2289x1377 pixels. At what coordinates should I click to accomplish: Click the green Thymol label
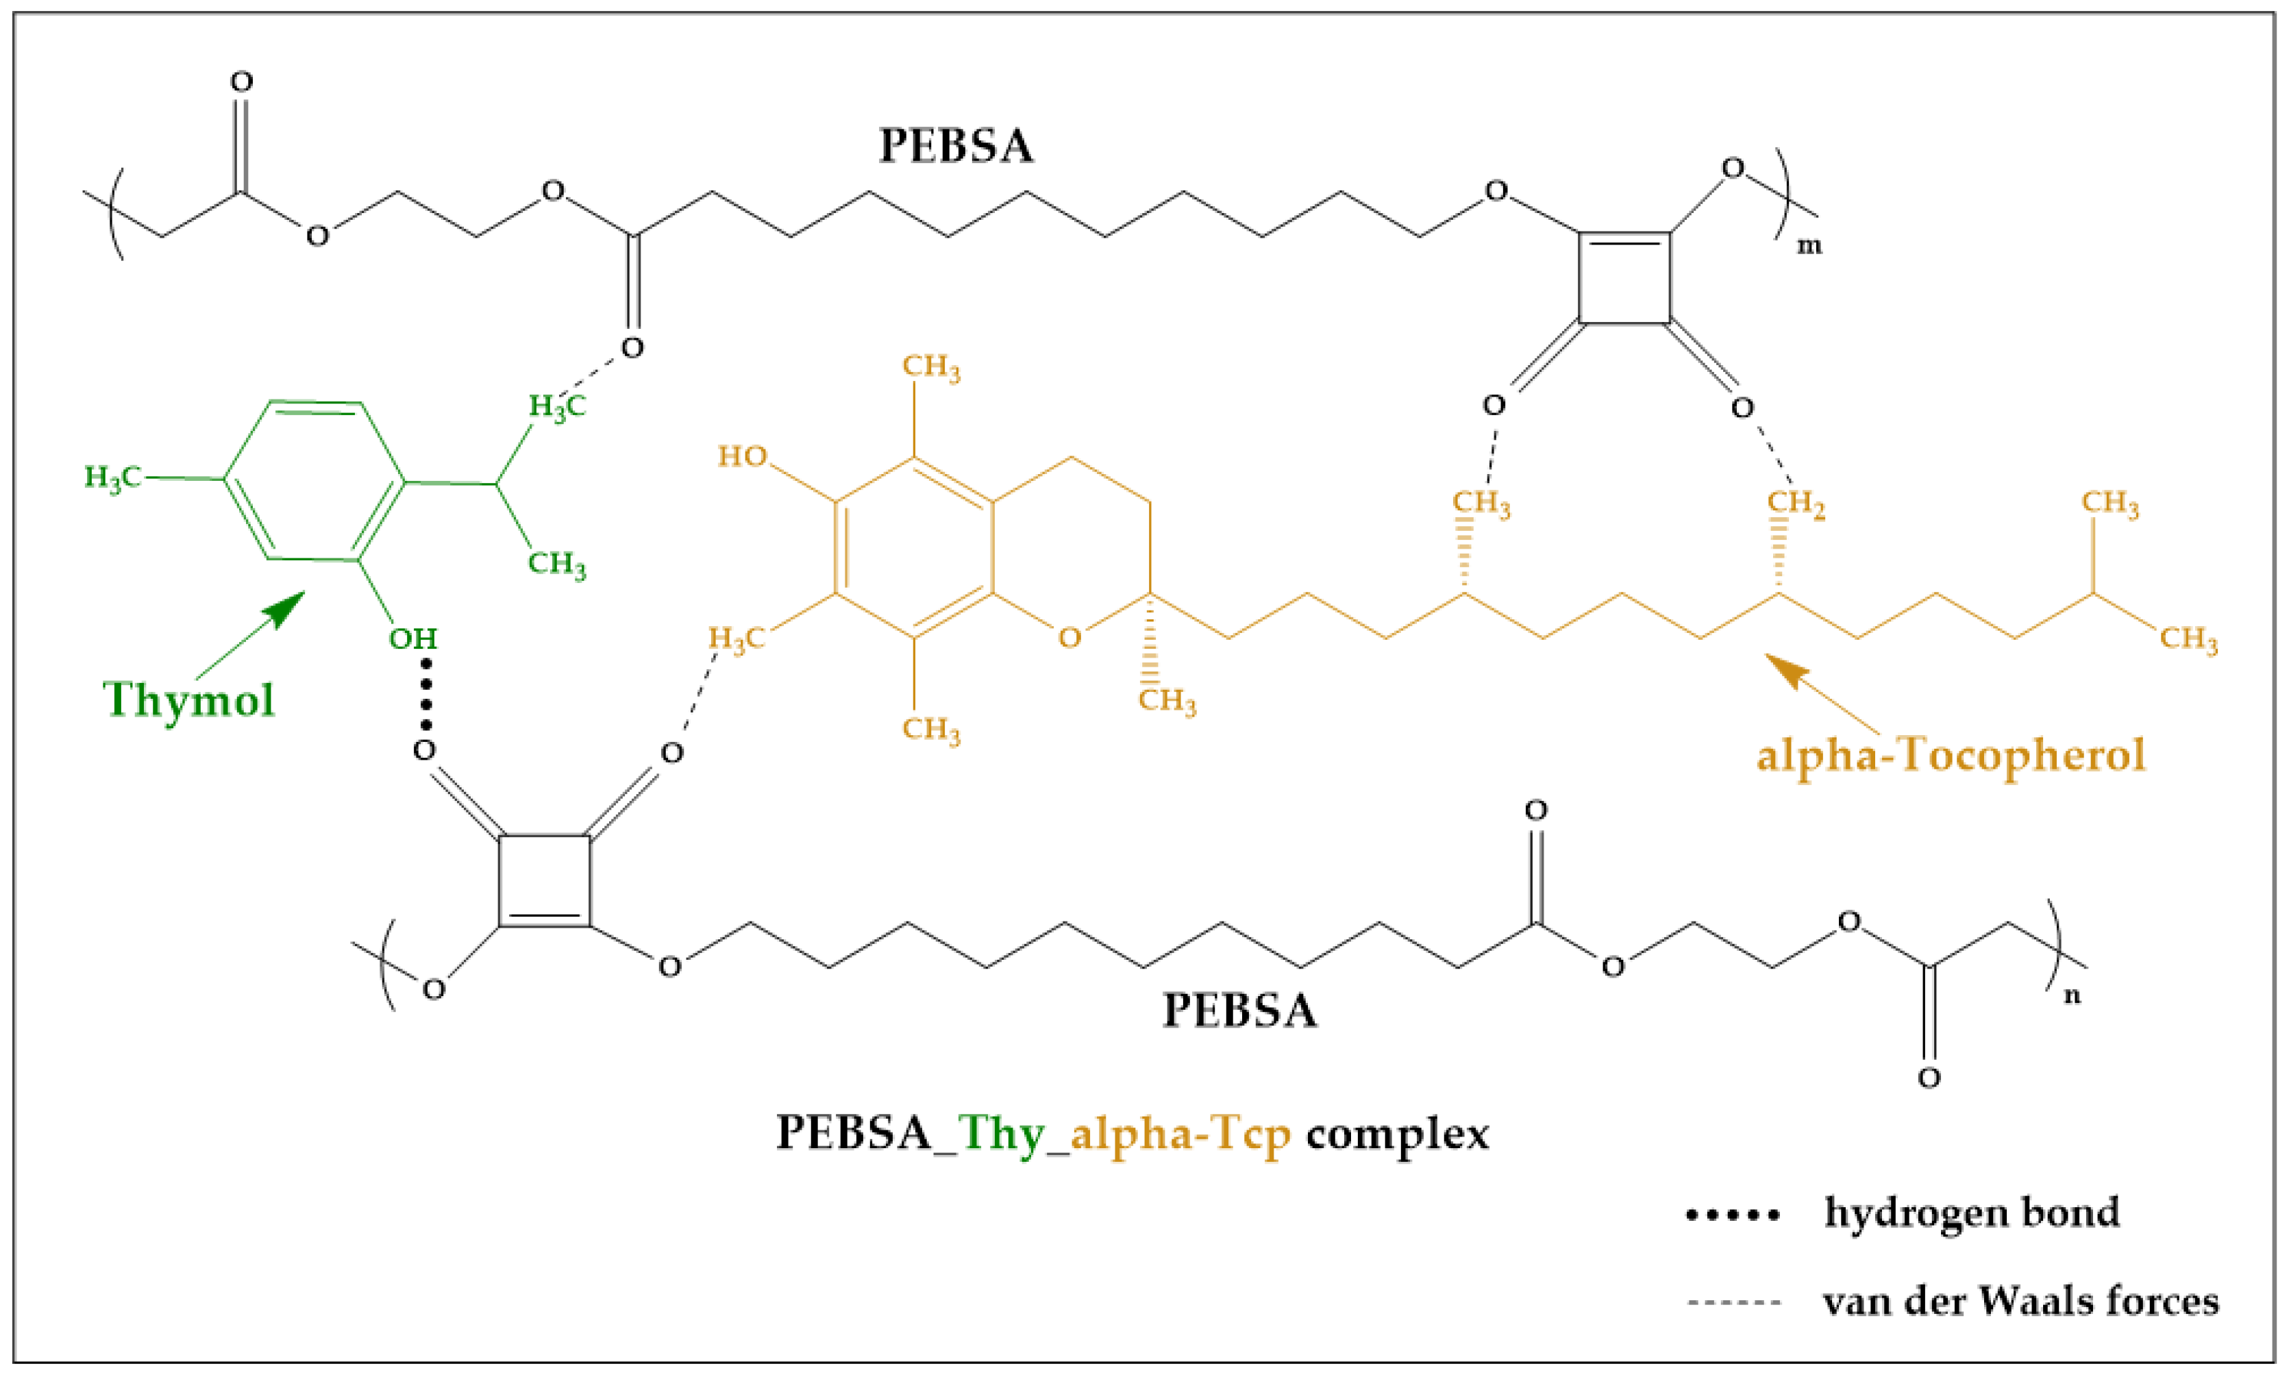(189, 699)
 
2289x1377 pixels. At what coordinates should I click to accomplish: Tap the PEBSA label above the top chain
(956, 147)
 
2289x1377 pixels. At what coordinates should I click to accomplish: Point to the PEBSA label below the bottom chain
(1239, 1010)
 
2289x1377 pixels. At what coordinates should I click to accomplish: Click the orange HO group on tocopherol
(742, 456)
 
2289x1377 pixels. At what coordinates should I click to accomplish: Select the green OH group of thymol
(413, 638)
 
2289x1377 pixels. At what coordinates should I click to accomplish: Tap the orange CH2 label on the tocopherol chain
(1796, 503)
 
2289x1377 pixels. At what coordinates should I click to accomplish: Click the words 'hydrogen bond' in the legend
(1972, 1212)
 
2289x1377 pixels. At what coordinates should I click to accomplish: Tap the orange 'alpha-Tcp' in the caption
(1180, 1134)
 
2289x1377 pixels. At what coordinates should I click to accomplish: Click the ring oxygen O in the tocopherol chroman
(1069, 638)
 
